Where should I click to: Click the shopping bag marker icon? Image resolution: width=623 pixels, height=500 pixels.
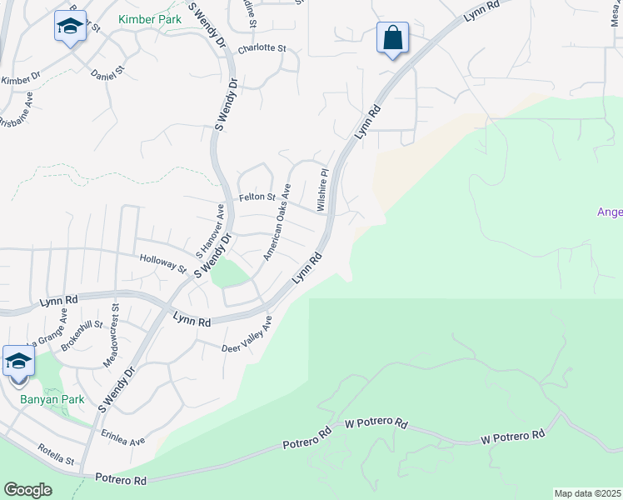pyautogui.click(x=392, y=38)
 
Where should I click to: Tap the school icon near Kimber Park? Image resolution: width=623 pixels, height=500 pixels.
pyautogui.click(x=71, y=27)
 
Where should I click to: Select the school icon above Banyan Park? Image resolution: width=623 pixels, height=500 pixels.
pyautogui.click(x=18, y=362)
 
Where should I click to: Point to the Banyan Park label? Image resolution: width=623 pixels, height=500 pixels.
pyautogui.click(x=52, y=400)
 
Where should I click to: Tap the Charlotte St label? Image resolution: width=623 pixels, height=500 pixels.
pyautogui.click(x=262, y=49)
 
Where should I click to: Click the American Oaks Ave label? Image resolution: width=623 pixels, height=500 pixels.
pyautogui.click(x=277, y=222)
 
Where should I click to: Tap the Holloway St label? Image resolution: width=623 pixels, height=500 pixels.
pyautogui.click(x=163, y=264)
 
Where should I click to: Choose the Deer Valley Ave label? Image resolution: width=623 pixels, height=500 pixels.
pyautogui.click(x=247, y=335)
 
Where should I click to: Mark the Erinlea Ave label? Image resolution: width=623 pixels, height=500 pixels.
pyautogui.click(x=123, y=439)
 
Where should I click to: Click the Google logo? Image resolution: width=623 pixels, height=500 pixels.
pyautogui.click(x=27, y=490)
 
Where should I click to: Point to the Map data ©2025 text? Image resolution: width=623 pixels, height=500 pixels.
pyautogui.click(x=588, y=493)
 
